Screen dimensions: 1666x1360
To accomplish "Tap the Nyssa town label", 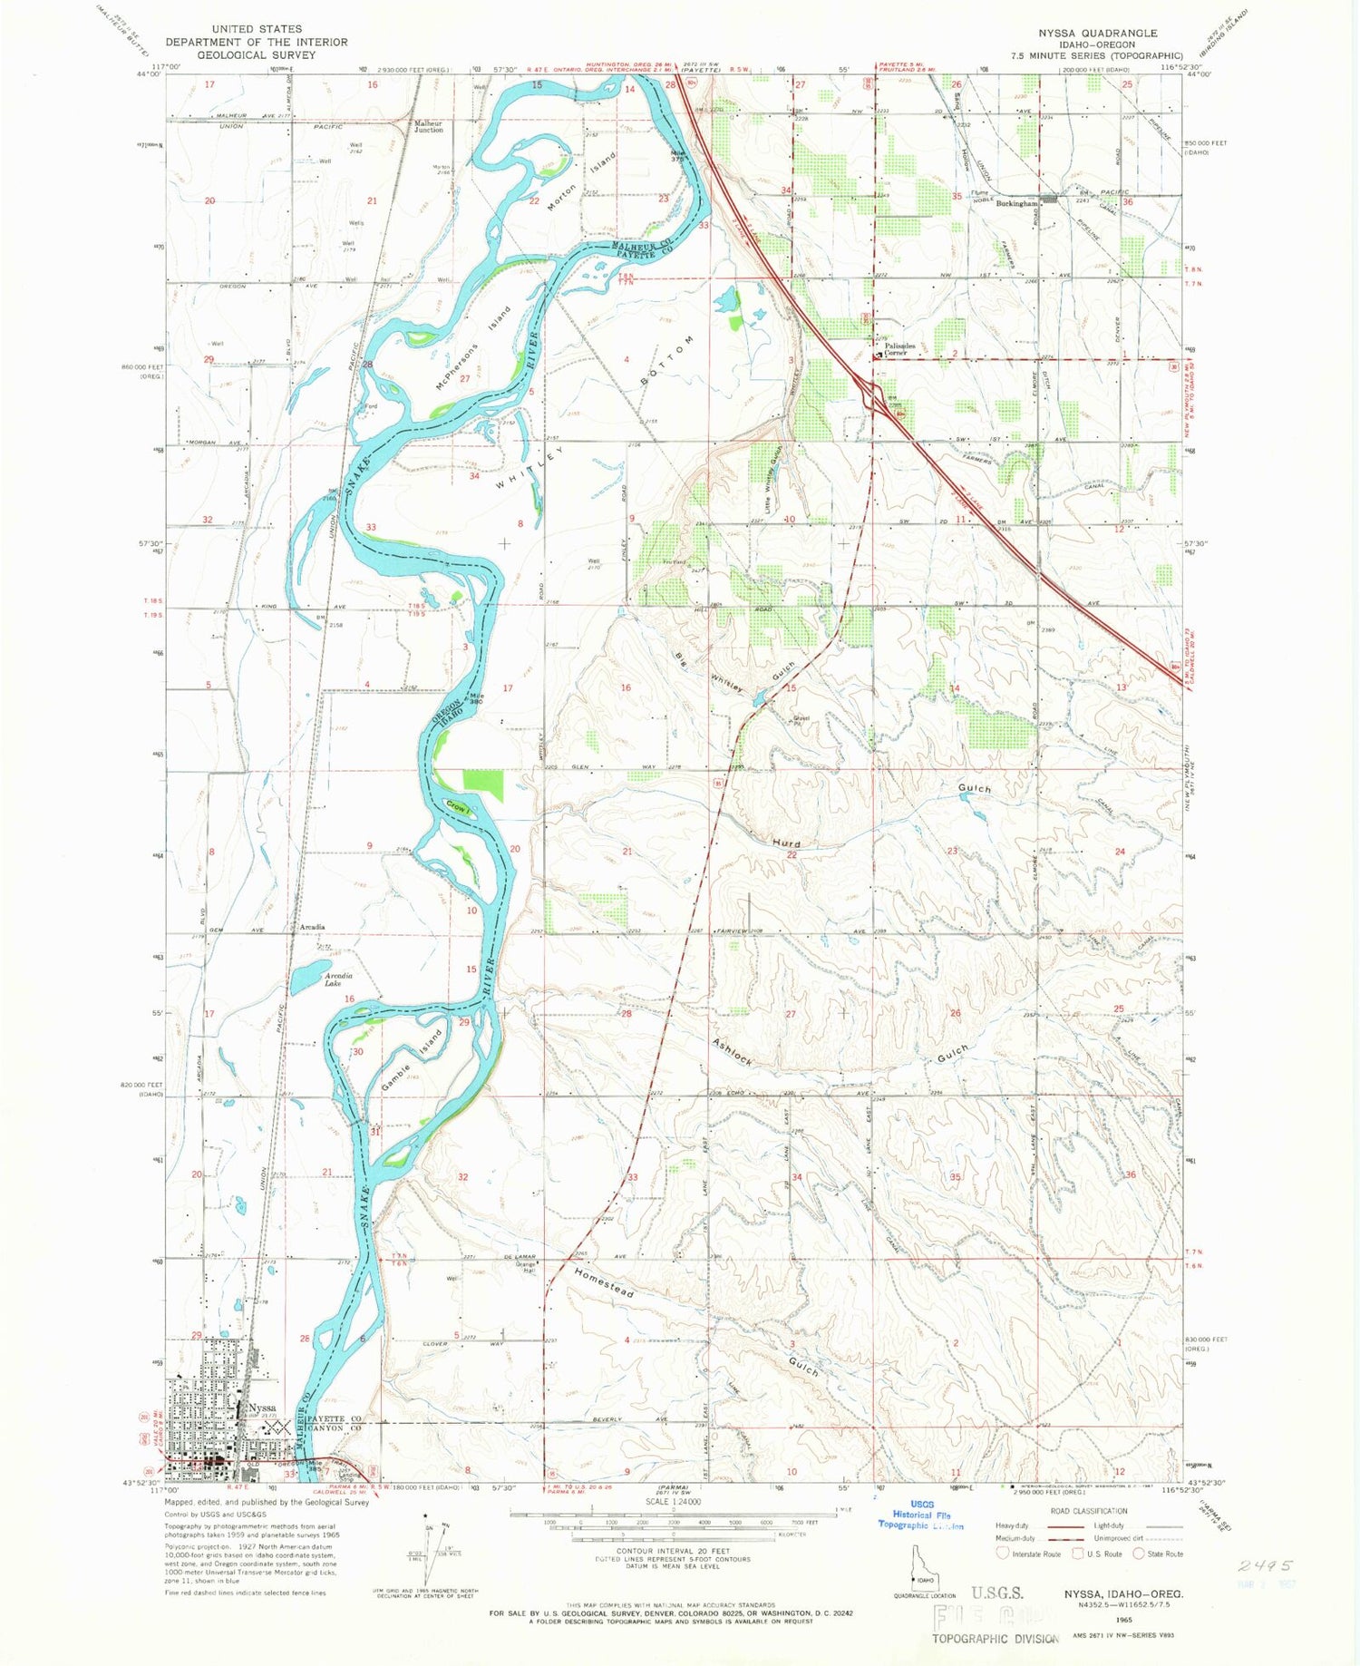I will [x=262, y=1408].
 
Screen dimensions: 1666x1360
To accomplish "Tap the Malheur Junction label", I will [x=429, y=126].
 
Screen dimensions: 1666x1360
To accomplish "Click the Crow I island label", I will [x=458, y=807].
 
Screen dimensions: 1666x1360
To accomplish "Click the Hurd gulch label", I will [x=786, y=843].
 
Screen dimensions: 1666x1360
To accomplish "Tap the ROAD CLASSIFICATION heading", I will [x=1087, y=1511].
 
